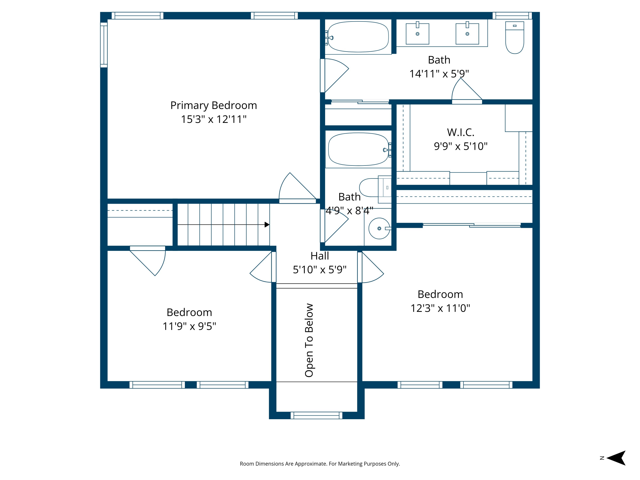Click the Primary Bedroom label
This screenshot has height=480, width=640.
[214, 105]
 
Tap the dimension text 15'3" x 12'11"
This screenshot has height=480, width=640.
[214, 119]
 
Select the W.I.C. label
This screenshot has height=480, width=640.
[461, 132]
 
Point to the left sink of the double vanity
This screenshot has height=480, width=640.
[417, 34]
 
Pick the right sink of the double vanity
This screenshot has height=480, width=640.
[467, 34]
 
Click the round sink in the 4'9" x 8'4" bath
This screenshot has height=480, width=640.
[379, 228]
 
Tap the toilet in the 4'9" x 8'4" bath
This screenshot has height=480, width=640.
[373, 188]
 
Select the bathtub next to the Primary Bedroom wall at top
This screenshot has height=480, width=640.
[358, 37]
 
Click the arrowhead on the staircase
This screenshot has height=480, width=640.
[267, 224]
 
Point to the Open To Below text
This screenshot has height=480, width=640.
[309, 340]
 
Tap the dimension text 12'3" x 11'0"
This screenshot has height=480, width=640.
[440, 308]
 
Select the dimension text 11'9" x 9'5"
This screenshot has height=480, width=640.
[189, 326]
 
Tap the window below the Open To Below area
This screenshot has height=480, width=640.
[317, 416]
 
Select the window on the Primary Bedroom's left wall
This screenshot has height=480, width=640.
[104, 45]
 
